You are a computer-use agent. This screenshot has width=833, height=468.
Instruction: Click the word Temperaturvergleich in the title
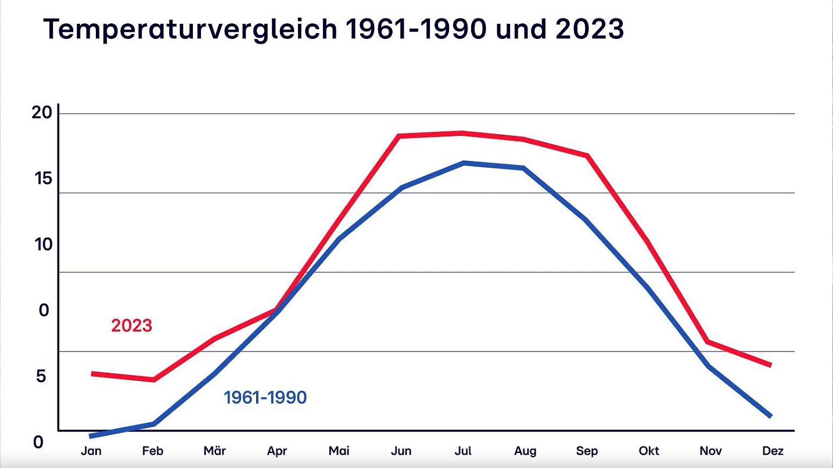coord(189,29)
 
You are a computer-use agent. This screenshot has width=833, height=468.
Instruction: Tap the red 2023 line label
coord(132,326)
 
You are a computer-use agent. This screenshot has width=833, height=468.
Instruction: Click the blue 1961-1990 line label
coord(265,398)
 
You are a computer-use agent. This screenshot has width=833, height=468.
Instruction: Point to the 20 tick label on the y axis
coord(42,113)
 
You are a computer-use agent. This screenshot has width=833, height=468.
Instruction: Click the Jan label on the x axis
coord(91,451)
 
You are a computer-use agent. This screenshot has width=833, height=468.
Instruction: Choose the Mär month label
coord(215,451)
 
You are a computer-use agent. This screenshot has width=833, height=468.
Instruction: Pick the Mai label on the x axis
coord(339,451)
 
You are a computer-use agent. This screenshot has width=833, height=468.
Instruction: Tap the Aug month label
coord(525,451)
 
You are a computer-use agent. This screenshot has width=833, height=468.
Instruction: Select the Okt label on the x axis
coord(649,451)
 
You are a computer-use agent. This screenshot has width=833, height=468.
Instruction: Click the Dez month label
coord(773,451)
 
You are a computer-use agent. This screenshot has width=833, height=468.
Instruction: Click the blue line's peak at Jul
coord(463,163)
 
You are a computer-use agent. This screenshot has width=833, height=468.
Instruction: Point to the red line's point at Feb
coord(153,380)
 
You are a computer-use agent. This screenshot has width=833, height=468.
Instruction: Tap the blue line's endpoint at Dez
coord(770,416)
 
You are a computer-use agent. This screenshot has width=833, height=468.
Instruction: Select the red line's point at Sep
coord(587,155)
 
